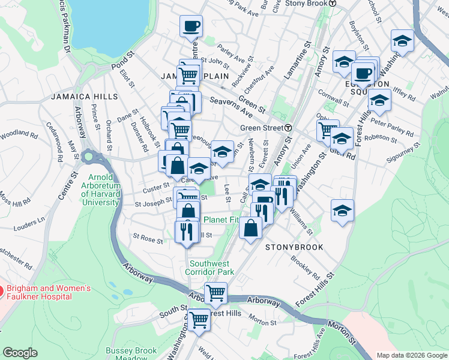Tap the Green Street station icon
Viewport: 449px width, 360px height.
point(289,128)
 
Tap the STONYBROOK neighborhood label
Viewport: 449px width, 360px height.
point(294,247)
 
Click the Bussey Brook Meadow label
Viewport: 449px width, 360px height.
point(131,353)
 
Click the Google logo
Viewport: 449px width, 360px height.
point(20,353)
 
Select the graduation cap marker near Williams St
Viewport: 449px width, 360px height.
point(342,211)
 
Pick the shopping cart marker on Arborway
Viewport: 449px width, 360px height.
point(216,293)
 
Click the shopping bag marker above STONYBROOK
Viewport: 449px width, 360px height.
point(250,228)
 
